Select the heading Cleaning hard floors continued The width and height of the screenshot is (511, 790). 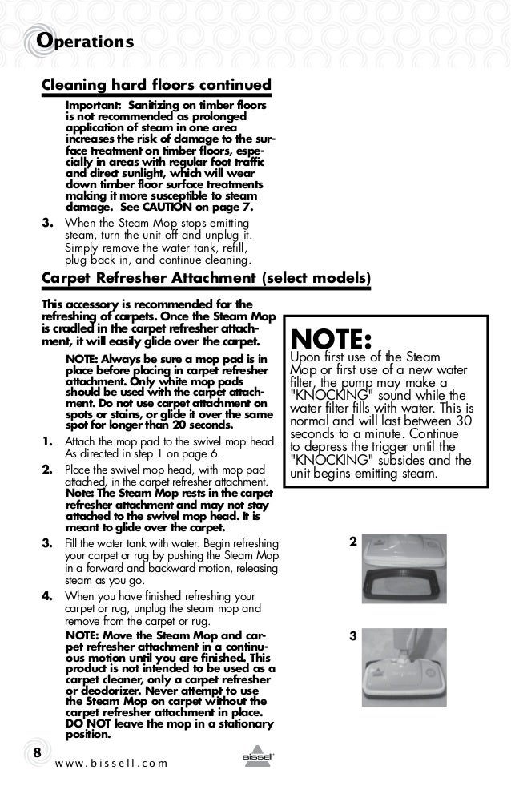[156, 85]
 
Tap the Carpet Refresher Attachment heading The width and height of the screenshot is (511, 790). [149, 279]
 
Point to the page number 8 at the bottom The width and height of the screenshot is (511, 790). [36, 753]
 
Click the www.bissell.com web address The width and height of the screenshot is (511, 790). [112, 762]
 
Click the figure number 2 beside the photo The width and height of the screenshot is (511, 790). [353, 542]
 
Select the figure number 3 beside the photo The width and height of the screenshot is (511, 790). [353, 636]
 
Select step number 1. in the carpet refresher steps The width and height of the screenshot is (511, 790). [47, 442]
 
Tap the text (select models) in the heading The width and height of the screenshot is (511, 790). [316, 279]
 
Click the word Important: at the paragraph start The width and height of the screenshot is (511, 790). [89, 105]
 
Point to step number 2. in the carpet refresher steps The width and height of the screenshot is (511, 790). [47, 468]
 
